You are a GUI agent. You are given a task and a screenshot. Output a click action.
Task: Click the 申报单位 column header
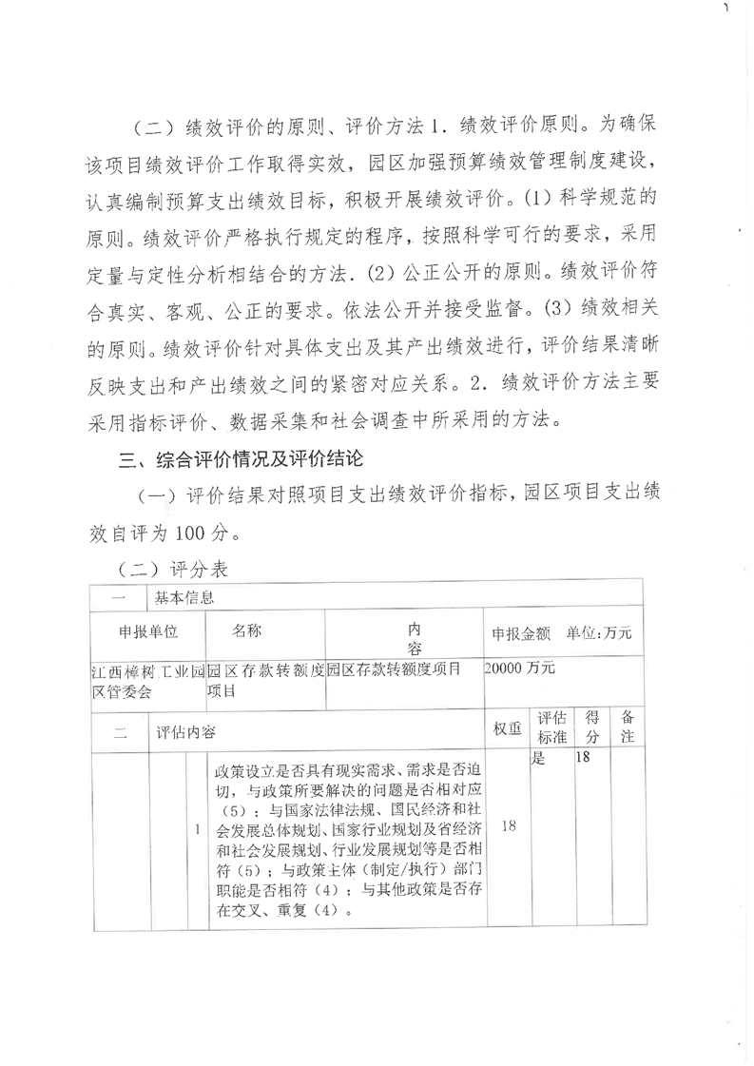click(148, 631)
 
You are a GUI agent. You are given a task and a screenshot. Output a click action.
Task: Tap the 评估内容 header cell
click(186, 732)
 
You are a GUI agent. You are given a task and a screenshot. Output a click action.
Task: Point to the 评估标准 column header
click(551, 727)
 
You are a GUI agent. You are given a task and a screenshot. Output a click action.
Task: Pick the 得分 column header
click(591, 727)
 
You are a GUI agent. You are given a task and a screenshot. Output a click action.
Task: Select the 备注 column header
click(628, 727)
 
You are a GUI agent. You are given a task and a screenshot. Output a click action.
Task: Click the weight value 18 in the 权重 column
click(508, 827)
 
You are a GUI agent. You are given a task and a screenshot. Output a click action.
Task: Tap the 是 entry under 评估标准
click(537, 760)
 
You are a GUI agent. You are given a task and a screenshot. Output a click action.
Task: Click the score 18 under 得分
click(584, 760)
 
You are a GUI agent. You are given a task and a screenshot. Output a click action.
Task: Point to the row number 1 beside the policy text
click(197, 830)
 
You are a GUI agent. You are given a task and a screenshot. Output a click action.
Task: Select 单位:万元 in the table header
click(599, 633)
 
